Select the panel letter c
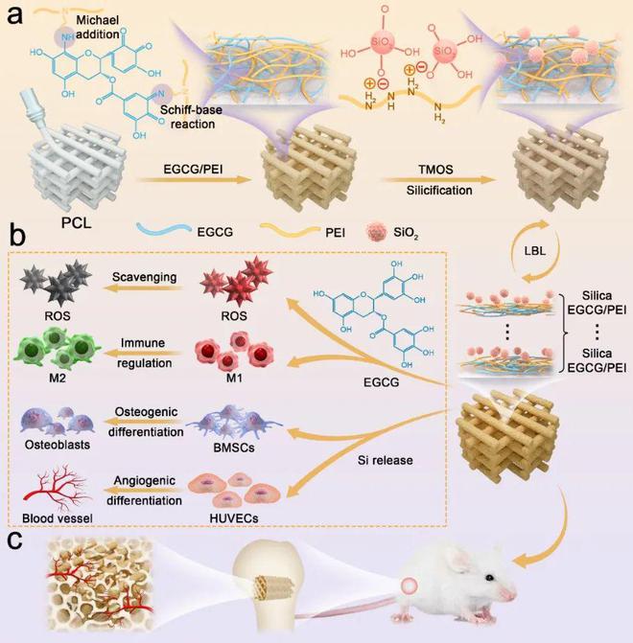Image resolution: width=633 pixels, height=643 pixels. (16, 539)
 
